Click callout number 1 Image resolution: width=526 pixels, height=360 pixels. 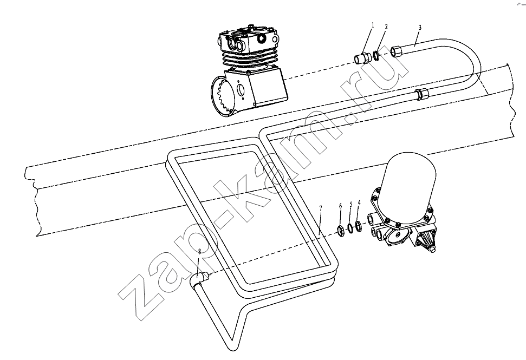click(372, 25)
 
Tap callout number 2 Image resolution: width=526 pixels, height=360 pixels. click(386, 27)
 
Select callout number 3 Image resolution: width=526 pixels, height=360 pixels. click(420, 28)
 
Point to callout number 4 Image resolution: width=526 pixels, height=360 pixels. click(359, 202)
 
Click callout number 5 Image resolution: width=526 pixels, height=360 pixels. click(351, 204)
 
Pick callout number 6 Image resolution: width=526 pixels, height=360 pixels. click(341, 206)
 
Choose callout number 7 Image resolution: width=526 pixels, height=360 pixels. click(320, 208)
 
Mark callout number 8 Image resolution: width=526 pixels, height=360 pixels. click(199, 251)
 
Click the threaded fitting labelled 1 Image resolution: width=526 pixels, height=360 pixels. click(362, 58)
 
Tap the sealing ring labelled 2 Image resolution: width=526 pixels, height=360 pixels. click(376, 55)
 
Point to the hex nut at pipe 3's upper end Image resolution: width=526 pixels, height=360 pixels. click(396, 51)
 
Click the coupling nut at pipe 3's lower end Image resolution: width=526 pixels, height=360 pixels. click(422, 94)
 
